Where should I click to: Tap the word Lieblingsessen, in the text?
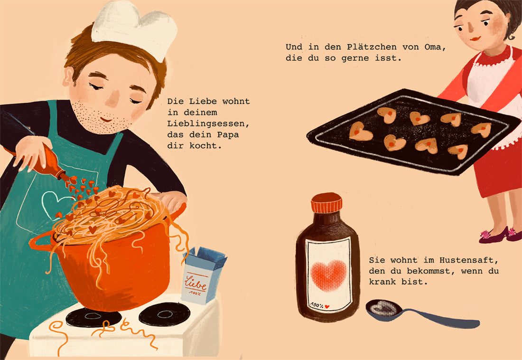208,123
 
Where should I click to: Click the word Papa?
228,135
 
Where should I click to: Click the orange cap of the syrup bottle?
326,203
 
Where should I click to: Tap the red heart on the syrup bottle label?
328,275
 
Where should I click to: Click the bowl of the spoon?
384,309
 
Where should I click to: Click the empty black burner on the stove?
165,314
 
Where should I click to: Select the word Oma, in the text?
435,47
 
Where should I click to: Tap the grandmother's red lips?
475,38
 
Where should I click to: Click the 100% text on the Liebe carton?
195,293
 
